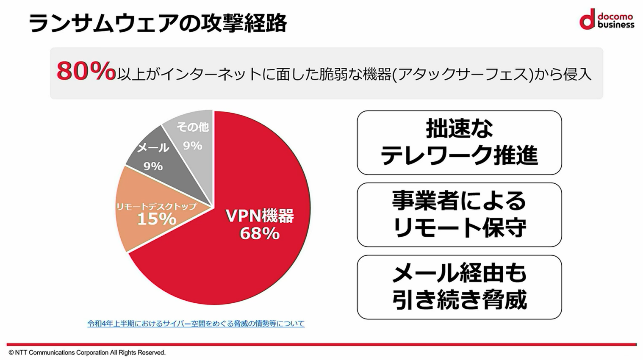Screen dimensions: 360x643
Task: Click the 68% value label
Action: tap(259, 233)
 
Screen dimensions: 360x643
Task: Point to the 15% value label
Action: tap(156, 219)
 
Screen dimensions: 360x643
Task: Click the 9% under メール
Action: tap(153, 166)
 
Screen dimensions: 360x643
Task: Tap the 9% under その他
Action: tap(192, 146)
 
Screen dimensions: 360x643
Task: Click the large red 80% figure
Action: tap(86, 71)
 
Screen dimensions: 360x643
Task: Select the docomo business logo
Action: tap(607, 19)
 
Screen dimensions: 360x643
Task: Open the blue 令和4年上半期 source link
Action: tap(196, 324)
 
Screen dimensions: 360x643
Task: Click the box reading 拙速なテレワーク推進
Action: tap(459, 142)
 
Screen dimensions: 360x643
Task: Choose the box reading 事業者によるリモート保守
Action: tap(459, 215)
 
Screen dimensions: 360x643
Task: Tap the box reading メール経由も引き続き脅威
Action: tap(459, 287)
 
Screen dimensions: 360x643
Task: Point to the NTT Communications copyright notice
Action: tap(87, 352)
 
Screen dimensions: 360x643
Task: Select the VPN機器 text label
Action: tap(259, 216)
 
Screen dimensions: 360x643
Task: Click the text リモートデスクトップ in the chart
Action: tap(156, 206)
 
